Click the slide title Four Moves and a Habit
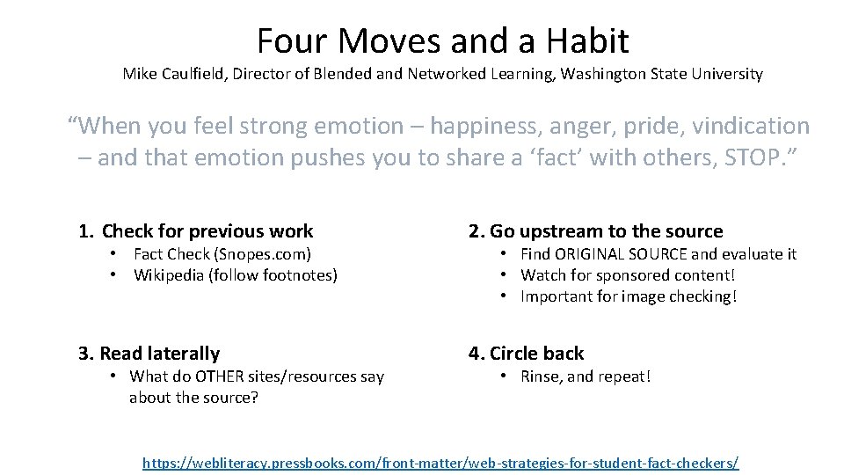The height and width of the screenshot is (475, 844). [x=442, y=40]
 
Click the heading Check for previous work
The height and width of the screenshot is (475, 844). [x=207, y=231]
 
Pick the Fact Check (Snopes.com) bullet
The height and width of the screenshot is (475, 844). [x=222, y=254]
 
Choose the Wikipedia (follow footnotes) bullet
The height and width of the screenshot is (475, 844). [x=235, y=275]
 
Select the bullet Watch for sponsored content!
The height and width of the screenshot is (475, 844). [x=627, y=275]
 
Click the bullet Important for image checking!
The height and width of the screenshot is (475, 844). [x=629, y=296]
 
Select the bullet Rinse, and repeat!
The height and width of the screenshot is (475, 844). [x=586, y=376]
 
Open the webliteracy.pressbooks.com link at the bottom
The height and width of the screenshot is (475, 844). [x=440, y=462]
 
